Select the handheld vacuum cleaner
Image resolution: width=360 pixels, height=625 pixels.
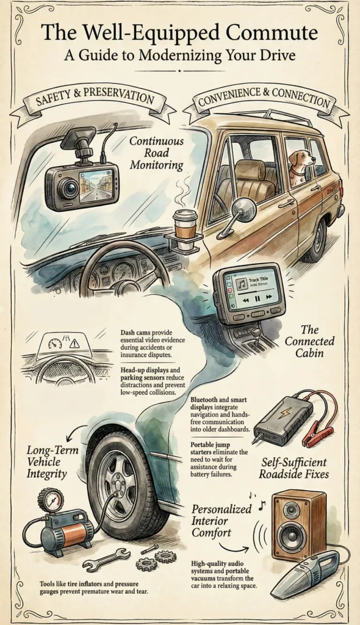(x=305, y=573)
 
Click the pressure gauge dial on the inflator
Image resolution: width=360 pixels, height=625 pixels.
(x=50, y=500)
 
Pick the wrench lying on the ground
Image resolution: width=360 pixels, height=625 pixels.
(x=106, y=558)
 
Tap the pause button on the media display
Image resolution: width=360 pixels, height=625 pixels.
(x=257, y=298)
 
